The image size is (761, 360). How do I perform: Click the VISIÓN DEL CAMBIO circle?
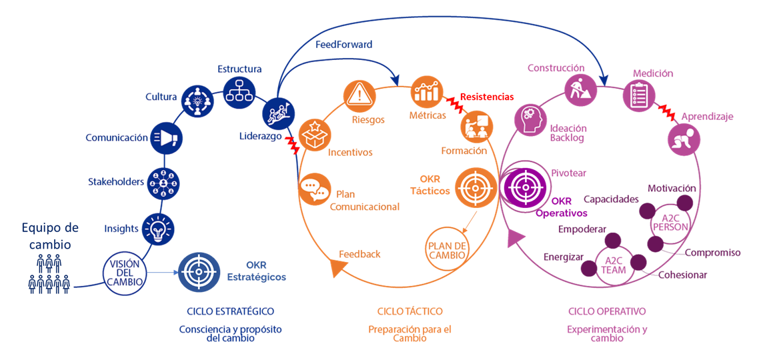[125, 272]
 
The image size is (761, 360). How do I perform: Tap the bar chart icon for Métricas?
[427, 92]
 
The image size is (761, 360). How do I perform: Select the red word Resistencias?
[487, 97]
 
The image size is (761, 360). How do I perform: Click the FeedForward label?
[344, 45]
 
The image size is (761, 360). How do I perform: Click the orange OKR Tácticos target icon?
[474, 187]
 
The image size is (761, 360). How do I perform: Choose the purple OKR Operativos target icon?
[524, 185]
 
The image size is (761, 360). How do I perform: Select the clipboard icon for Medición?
[639, 95]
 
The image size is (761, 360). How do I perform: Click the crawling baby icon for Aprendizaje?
[685, 141]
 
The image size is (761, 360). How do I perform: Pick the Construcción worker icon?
[581, 89]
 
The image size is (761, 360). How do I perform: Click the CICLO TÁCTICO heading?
[410, 311]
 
